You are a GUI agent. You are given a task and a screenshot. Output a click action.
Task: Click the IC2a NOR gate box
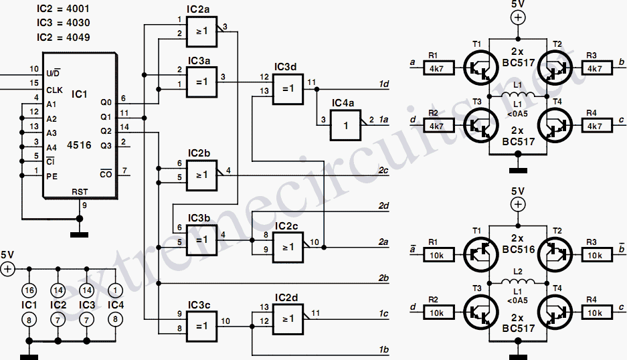(201, 31)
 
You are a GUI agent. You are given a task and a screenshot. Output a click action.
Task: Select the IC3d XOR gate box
(288, 89)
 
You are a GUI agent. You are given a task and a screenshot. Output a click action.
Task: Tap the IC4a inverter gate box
(345, 125)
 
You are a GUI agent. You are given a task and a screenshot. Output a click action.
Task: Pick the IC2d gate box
(288, 319)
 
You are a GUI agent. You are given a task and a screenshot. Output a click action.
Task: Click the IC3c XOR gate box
(201, 327)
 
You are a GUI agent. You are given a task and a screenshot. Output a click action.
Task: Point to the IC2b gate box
(201, 175)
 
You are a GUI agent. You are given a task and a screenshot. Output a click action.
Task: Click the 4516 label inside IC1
(79, 145)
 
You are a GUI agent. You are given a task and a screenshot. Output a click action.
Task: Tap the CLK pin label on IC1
(54, 90)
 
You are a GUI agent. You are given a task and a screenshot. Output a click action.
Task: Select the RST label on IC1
(80, 192)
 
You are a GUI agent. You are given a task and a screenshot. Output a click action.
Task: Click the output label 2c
(383, 171)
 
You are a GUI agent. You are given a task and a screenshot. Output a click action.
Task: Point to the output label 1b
(383, 349)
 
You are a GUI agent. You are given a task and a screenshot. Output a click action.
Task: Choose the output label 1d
(383, 84)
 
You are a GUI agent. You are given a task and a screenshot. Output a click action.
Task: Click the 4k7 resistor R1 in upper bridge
(439, 68)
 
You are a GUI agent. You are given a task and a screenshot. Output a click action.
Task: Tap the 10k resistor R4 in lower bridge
(596, 312)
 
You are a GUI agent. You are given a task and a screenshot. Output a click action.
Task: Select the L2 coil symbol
(518, 281)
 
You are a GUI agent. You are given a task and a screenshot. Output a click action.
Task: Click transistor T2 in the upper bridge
(555, 68)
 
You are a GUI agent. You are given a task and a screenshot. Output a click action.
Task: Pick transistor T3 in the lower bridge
(481, 312)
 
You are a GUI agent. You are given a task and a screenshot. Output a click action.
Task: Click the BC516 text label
(518, 250)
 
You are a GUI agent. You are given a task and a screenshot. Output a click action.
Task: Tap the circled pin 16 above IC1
(29, 290)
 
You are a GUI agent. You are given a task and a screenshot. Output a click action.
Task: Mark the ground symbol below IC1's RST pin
(79, 235)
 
